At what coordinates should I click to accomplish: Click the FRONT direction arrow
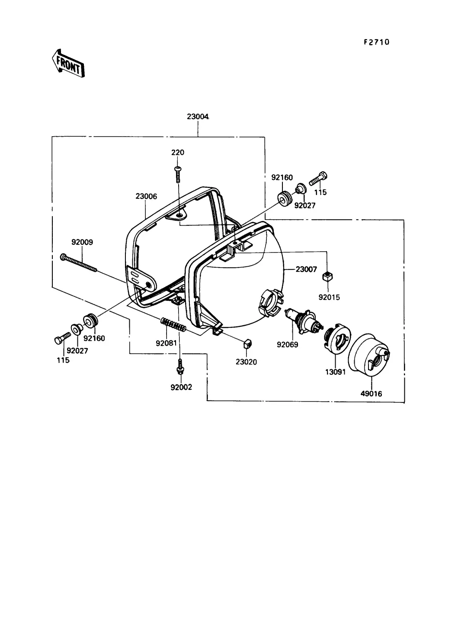coord(68,63)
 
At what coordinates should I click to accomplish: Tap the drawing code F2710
coord(377,42)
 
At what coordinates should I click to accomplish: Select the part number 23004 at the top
coord(198,116)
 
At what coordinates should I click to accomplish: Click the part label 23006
coord(146,196)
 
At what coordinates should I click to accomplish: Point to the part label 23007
coord(306,269)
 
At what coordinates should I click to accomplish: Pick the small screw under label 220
coord(178,174)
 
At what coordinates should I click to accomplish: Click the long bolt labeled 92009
coord(79,263)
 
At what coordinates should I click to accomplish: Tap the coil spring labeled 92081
coord(173,325)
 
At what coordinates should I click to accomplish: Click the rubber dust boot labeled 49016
coord(369,355)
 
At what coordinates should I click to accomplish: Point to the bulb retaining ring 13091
coord(337,339)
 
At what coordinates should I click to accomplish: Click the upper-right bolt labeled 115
coord(318,178)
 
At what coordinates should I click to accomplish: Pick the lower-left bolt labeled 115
coord(62,338)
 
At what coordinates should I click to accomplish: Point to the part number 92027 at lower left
coord(77,351)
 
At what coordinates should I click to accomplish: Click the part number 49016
coord(371,393)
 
